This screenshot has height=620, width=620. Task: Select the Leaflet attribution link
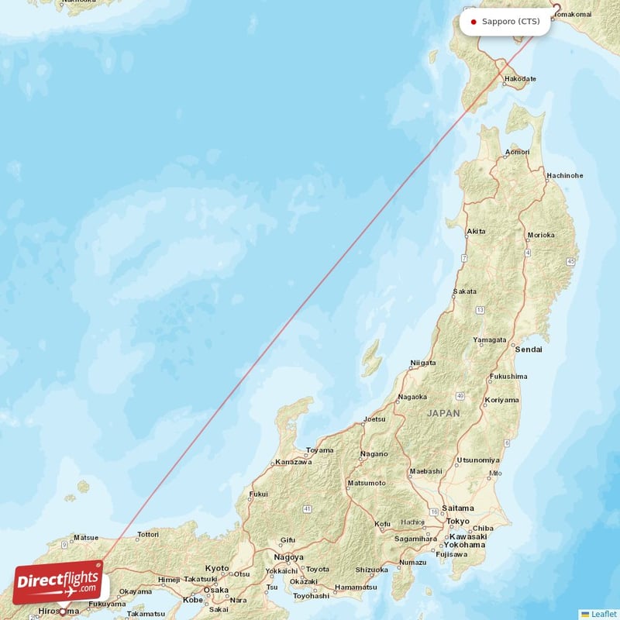click(602, 614)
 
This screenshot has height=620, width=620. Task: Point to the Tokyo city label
click(458, 521)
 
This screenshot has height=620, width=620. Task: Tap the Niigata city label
click(422, 362)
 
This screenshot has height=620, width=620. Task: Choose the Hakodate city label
click(519, 79)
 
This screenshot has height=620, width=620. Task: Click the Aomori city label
click(517, 152)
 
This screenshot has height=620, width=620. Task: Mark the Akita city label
click(477, 232)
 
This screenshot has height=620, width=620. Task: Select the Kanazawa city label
click(294, 462)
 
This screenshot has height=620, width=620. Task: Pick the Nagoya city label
click(288, 556)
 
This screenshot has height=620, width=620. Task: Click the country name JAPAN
click(443, 413)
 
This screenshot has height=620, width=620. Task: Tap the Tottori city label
click(147, 534)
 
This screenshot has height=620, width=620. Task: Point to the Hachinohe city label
click(564, 175)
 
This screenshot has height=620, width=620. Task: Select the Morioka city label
click(540, 235)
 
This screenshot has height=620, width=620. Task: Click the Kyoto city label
click(217, 568)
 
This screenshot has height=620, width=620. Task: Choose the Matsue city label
click(85, 537)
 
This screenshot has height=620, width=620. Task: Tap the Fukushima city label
click(508, 377)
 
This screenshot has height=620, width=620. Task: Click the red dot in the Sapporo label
click(474, 22)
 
